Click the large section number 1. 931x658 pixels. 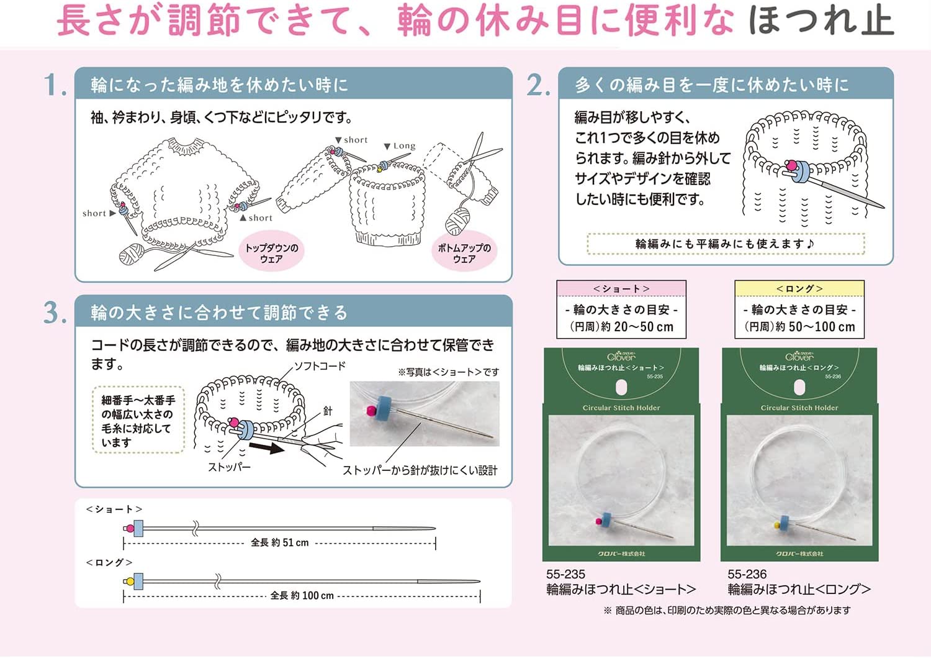point(55,85)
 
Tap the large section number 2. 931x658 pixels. point(537,85)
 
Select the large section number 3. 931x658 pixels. point(55,313)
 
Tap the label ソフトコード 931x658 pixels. point(319,366)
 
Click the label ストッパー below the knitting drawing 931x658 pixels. point(229,467)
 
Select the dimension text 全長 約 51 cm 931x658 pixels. point(279,542)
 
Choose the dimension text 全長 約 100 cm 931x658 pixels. point(302,595)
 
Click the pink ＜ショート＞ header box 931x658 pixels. point(621,289)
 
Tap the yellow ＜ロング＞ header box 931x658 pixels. point(799,289)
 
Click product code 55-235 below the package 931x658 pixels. point(565,574)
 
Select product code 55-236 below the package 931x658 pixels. point(747,574)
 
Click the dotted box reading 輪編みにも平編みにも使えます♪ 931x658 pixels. point(725,244)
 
